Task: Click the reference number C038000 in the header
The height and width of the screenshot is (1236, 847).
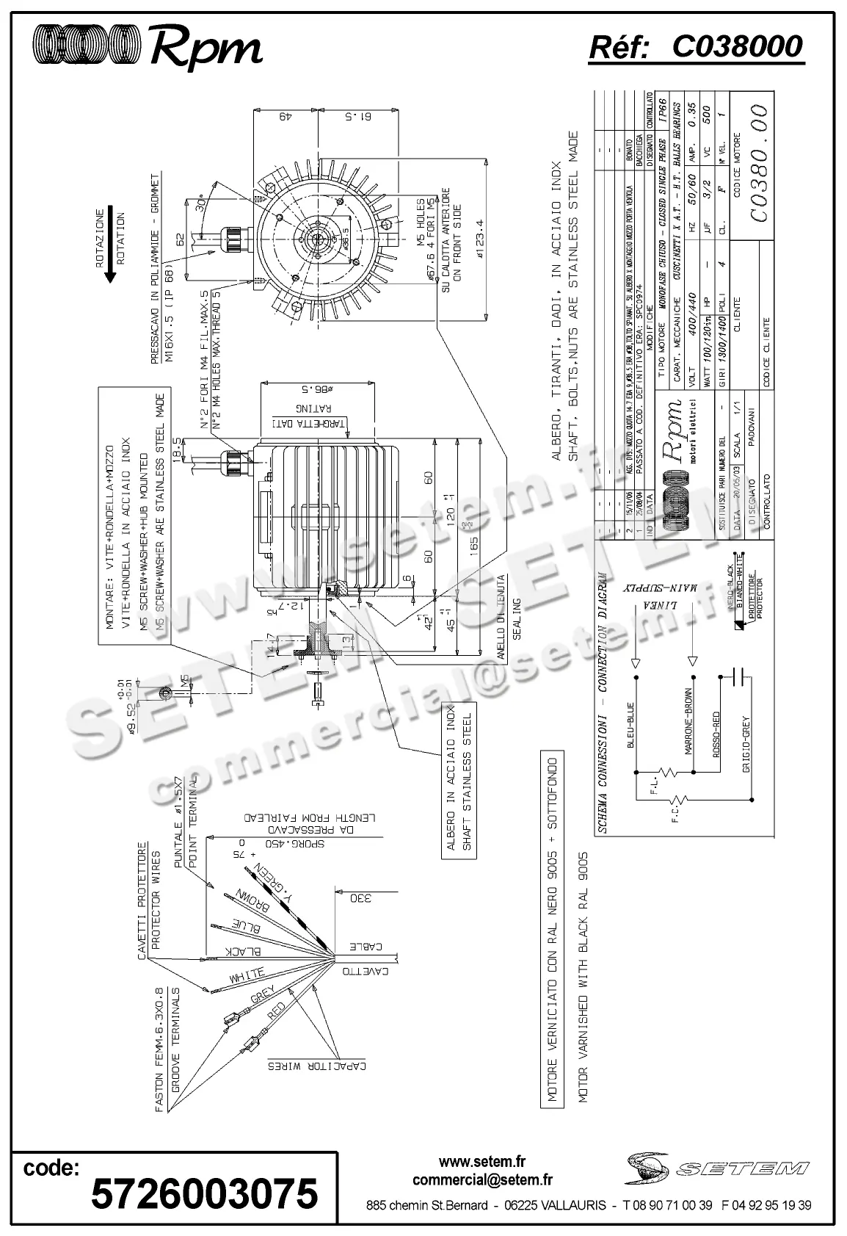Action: pos(737,46)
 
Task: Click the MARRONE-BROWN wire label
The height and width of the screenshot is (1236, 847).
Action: pos(690,723)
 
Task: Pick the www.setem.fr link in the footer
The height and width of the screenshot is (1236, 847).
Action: pos(482,1161)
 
